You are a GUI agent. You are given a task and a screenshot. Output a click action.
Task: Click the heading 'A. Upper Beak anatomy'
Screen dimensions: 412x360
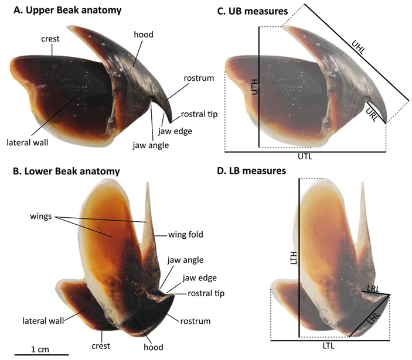click(x=67, y=11)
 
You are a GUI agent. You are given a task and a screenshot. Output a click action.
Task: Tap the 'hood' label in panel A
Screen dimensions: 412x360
click(x=144, y=35)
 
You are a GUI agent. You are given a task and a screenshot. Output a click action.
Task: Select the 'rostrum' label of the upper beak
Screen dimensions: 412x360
click(x=199, y=78)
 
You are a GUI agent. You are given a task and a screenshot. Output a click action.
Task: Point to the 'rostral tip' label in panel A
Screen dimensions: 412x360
click(x=199, y=114)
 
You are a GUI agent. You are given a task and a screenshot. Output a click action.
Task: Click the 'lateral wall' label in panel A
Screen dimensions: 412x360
click(x=28, y=142)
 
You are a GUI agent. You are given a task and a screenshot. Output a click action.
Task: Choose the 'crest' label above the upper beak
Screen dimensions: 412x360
click(x=50, y=39)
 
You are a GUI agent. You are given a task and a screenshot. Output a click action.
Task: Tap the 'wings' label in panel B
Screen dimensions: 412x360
click(x=40, y=217)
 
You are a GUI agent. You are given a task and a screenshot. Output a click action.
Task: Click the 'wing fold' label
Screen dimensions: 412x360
click(x=186, y=234)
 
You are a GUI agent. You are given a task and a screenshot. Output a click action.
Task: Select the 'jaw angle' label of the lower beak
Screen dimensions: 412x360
click(x=186, y=260)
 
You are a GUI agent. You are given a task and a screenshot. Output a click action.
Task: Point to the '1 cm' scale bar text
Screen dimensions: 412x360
click(x=40, y=349)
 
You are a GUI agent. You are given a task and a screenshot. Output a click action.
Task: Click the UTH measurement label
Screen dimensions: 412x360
click(x=255, y=87)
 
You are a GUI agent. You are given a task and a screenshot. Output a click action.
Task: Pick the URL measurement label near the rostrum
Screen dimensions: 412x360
click(x=372, y=115)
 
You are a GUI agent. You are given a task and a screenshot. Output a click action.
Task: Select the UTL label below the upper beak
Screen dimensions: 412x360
click(x=305, y=157)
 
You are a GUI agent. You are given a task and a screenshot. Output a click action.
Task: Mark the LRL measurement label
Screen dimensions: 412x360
click(x=373, y=289)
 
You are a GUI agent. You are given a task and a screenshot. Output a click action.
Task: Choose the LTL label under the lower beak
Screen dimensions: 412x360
click(x=328, y=346)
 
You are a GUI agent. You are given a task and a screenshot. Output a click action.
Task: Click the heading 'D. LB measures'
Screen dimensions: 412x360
click(x=251, y=171)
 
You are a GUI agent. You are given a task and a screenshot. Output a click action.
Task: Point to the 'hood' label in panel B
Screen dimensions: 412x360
click(x=154, y=347)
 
